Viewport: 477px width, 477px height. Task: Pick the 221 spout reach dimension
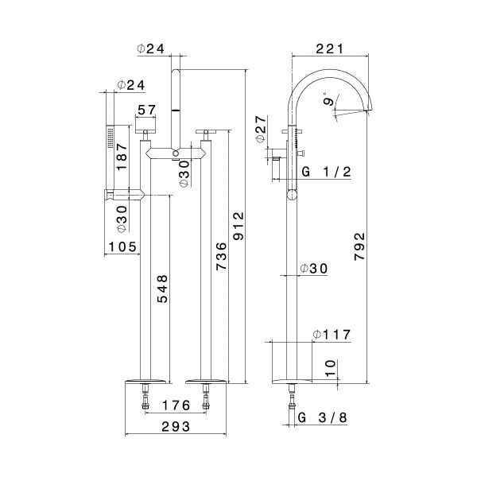pos(330,48)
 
